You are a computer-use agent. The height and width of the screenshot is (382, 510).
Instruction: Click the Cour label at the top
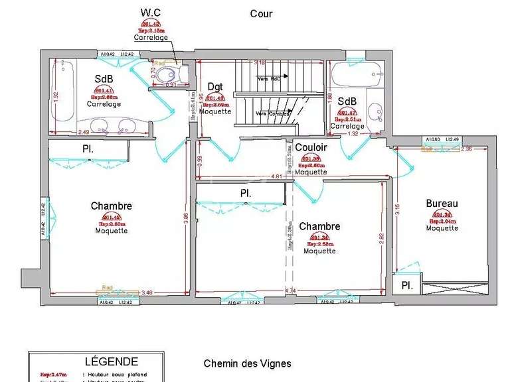(261, 13)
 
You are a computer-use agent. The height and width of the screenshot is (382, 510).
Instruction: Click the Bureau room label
(442, 204)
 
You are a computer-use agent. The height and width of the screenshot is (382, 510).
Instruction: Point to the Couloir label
(311, 147)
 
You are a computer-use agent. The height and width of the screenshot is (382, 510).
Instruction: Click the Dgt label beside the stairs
(215, 86)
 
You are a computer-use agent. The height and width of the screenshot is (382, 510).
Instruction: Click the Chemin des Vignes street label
(246, 364)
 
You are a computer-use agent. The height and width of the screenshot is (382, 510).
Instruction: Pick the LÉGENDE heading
(112, 362)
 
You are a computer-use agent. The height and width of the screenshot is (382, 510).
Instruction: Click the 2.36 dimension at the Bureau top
(466, 149)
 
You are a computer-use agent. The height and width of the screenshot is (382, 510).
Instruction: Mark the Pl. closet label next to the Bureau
(406, 286)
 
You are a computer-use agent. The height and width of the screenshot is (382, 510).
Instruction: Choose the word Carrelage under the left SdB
(104, 104)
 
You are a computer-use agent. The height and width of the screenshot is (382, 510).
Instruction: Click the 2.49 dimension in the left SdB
(83, 131)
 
